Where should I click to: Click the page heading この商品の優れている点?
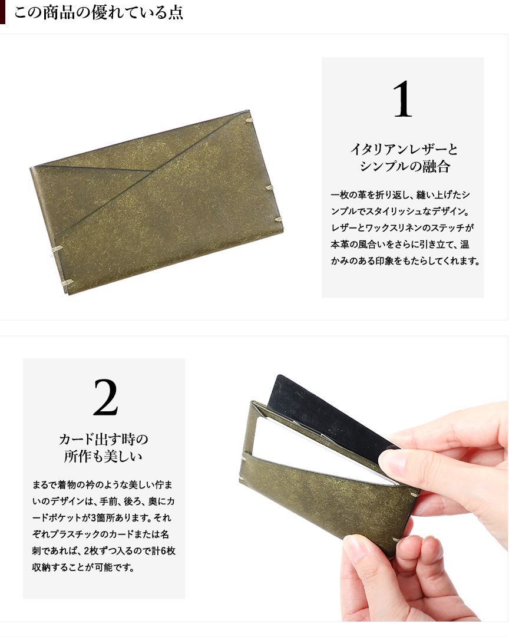(98, 12)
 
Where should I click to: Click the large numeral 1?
(402, 99)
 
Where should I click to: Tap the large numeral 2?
(105, 397)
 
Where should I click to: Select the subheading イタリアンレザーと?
(404, 150)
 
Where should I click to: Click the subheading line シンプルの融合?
(405, 166)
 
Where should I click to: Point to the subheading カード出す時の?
(104, 439)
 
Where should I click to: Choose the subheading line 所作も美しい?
(103, 456)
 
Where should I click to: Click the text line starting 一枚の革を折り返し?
(400, 195)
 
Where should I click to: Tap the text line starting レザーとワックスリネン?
(402, 228)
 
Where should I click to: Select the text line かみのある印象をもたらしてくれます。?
(405, 261)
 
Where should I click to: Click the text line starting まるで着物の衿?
(102, 484)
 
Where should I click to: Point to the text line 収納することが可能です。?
(83, 567)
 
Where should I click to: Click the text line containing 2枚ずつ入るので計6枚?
(104, 551)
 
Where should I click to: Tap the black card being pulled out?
(325, 410)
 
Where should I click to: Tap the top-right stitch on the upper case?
(248, 120)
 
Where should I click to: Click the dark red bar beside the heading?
(2, 12)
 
